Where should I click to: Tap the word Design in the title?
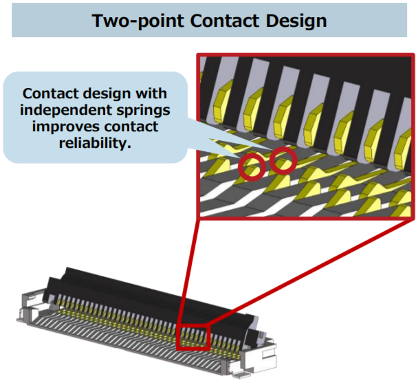coord(296,21)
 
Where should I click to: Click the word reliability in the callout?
coord(95,144)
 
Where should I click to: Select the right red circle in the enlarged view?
coord(283,161)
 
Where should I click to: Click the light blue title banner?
coord(209,21)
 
